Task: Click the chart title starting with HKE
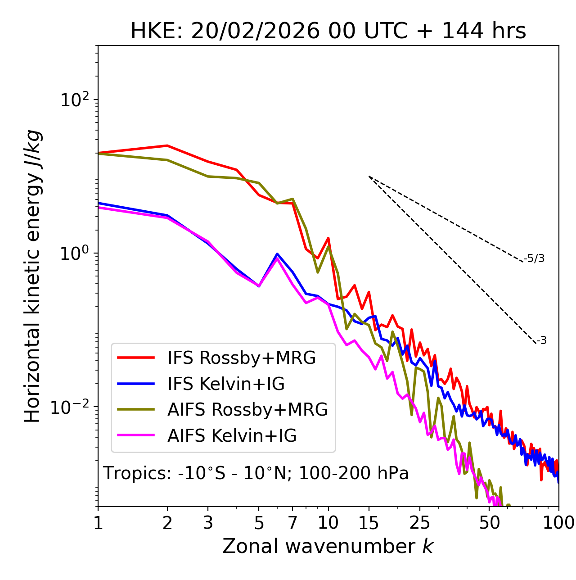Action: pyautogui.click(x=328, y=32)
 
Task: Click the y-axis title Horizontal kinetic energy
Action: pyautogui.click(x=33, y=276)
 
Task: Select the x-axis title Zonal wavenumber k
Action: pyautogui.click(x=328, y=546)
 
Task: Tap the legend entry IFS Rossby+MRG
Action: pyautogui.click(x=241, y=358)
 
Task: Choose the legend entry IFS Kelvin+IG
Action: pyautogui.click(x=226, y=384)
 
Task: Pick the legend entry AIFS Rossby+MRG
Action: pyautogui.click(x=247, y=410)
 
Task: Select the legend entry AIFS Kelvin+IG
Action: pyautogui.click(x=232, y=436)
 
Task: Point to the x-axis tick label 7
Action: pyautogui.click(x=292, y=523)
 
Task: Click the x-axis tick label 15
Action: pyautogui.click(x=369, y=523)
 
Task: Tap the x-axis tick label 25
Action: pyautogui.click(x=420, y=523)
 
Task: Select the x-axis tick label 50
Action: pyautogui.click(x=489, y=523)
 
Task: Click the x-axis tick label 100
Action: pyautogui.click(x=558, y=523)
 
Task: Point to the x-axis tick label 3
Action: pyautogui.click(x=208, y=523)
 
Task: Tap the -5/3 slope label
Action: pyautogui.click(x=534, y=259)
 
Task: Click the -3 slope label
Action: pyautogui.click(x=541, y=341)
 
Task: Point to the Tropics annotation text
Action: pyautogui.click(x=256, y=473)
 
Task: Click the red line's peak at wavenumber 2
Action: pyautogui.click(x=167, y=145)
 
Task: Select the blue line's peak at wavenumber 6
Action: pyautogui.click(x=277, y=254)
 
